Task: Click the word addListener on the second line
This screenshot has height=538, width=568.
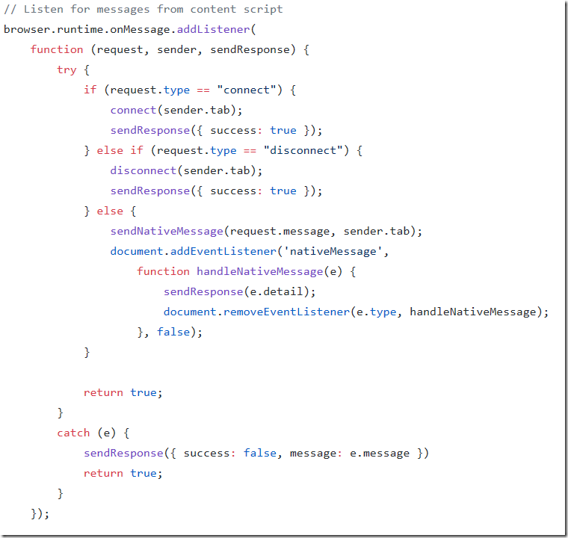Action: click(213, 29)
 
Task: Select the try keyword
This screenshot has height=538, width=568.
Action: click(67, 70)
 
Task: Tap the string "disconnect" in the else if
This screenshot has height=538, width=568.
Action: click(303, 150)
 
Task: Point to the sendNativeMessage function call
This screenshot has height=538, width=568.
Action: click(167, 231)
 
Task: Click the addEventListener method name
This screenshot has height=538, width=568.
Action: click(223, 251)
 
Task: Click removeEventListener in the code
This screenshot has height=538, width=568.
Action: click(286, 312)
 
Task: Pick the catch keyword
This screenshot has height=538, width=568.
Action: click(73, 433)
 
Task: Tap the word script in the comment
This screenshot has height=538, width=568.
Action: click(263, 10)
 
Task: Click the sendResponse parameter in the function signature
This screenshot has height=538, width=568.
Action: click(250, 49)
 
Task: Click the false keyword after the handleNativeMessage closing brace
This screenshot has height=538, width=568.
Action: click(173, 332)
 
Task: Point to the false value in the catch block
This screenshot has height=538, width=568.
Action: click(260, 453)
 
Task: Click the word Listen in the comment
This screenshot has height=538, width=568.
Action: click(43, 10)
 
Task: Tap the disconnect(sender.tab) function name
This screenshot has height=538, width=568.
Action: click(143, 170)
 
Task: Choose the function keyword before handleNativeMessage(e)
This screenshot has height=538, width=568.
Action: click(163, 271)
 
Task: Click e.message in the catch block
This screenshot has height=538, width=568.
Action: click(380, 454)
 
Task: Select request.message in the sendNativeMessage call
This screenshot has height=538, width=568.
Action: click(280, 231)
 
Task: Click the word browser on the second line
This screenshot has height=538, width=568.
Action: click(27, 29)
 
